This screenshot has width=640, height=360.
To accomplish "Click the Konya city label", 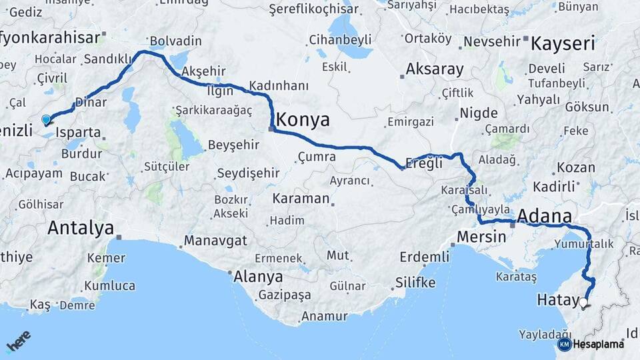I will coord(303,120).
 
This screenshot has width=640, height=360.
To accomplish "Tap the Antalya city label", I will coord(81,229).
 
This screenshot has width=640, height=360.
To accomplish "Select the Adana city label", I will coord(545,216).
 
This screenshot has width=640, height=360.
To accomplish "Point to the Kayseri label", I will coord(562,45).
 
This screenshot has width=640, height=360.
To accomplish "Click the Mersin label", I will coord(481,237).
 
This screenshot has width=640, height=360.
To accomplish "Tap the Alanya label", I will coord(258,276).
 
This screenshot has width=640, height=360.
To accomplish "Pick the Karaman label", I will coord(301,199).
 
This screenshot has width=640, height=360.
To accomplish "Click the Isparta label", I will coord(78,132).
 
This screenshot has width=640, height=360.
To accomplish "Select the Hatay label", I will coord(557,301).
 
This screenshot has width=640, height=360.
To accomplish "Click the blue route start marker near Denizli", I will coord(46,120).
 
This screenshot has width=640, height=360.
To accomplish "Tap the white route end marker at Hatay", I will coord(584,303).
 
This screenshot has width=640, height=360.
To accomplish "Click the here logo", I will coord(18,341).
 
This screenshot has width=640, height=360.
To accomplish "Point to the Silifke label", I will coord(415,282).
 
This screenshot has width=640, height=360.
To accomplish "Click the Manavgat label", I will coord(215,240).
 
